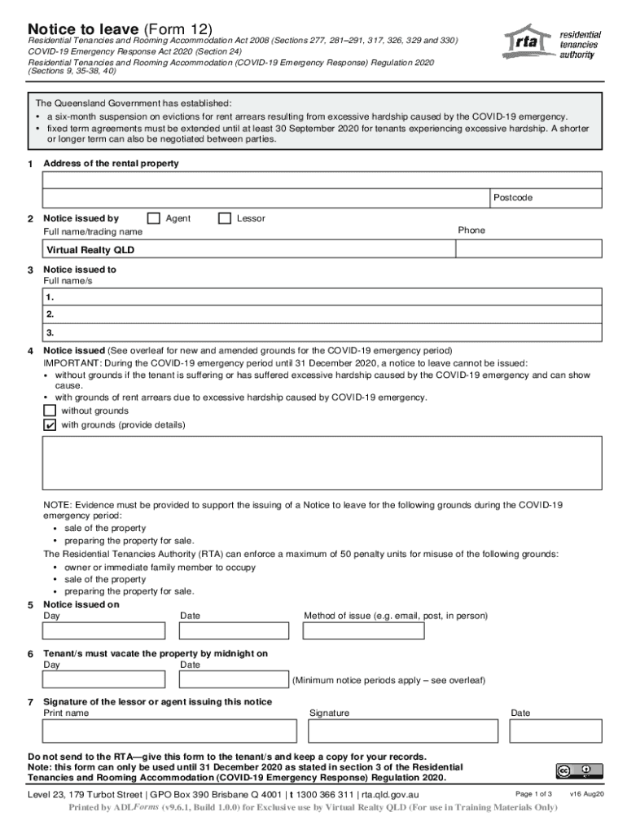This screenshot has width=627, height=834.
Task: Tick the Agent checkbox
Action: click(x=153, y=218)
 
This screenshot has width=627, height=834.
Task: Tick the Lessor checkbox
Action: click(x=225, y=218)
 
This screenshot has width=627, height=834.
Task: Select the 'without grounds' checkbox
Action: click(x=50, y=410)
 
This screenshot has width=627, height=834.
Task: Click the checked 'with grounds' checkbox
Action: click(x=50, y=425)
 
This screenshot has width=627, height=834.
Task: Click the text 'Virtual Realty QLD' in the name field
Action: click(x=90, y=250)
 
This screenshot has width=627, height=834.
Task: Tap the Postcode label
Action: click(x=512, y=198)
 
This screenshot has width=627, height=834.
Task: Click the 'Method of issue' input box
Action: click(x=363, y=631)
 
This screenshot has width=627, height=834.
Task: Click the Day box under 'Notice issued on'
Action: click(x=103, y=631)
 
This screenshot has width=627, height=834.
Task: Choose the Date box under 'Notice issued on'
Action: click(x=235, y=631)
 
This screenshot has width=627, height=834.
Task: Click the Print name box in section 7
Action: click(x=169, y=731)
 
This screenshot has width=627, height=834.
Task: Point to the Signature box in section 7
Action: click(x=402, y=731)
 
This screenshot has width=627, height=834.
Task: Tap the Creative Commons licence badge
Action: click(x=579, y=770)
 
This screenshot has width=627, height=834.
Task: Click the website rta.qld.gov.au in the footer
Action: click(x=390, y=794)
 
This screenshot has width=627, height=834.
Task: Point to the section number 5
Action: click(x=29, y=605)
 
